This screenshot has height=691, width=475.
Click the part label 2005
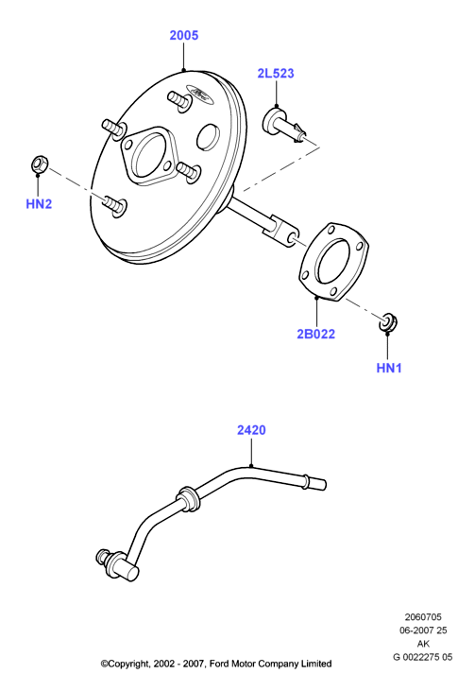(x=184, y=35)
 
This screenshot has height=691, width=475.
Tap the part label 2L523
(x=276, y=73)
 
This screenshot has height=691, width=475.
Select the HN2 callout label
(x=39, y=204)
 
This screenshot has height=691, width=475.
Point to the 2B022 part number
(x=315, y=334)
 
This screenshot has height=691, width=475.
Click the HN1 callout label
(x=389, y=368)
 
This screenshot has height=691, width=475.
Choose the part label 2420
(x=251, y=430)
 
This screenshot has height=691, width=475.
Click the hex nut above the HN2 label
(x=39, y=164)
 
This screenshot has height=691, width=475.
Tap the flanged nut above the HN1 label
(x=388, y=321)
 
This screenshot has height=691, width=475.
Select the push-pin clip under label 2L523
(x=284, y=125)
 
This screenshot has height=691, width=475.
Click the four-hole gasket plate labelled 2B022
(x=333, y=262)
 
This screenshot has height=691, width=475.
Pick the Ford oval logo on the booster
(x=200, y=94)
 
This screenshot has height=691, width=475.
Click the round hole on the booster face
(x=208, y=136)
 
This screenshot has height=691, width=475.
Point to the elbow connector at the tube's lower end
(x=118, y=563)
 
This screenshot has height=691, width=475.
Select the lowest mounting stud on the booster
(x=115, y=206)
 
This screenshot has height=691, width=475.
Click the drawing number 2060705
(x=423, y=617)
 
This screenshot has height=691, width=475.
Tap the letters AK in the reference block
(x=423, y=644)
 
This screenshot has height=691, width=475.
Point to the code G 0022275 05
(x=422, y=657)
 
